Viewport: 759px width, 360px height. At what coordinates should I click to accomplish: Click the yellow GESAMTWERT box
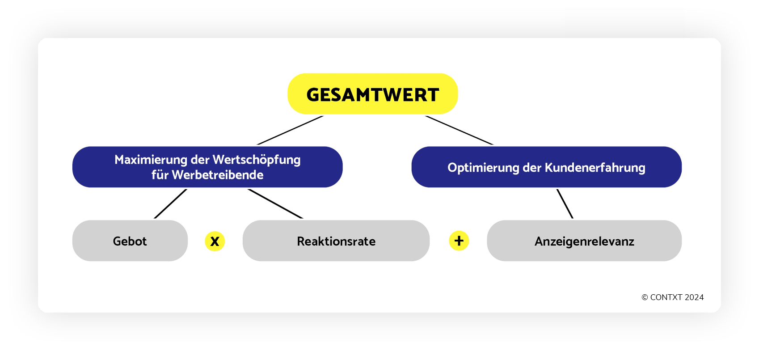(x=372, y=94)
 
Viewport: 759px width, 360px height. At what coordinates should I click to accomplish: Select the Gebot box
(x=130, y=241)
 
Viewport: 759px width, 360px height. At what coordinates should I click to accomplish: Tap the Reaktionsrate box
(x=336, y=241)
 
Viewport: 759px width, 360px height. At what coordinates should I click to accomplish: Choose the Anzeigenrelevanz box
(x=584, y=241)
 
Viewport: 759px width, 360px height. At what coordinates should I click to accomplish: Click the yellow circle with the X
(x=215, y=241)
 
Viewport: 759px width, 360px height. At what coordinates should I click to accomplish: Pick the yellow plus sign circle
(x=459, y=241)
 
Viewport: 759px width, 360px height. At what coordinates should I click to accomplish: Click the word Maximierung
(x=151, y=160)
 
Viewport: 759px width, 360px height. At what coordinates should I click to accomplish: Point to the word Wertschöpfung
(x=257, y=160)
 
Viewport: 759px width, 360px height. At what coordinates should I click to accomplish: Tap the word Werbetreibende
(x=218, y=175)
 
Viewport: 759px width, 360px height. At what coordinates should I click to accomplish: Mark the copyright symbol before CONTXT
(x=645, y=297)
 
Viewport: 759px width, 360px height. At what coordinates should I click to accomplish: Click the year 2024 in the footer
(x=694, y=297)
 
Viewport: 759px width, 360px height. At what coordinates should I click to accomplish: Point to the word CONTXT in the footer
(x=666, y=297)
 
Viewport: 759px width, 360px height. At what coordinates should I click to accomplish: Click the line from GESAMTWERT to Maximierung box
(x=291, y=130)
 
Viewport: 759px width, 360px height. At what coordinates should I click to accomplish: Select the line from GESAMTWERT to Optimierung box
(x=459, y=130)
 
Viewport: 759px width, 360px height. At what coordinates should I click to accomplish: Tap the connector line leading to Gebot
(x=170, y=204)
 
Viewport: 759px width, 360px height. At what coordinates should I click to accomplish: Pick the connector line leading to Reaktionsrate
(x=275, y=204)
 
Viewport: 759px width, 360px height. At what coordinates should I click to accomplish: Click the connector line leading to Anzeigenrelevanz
(x=565, y=204)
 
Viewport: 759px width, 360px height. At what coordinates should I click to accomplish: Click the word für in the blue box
(x=160, y=175)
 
